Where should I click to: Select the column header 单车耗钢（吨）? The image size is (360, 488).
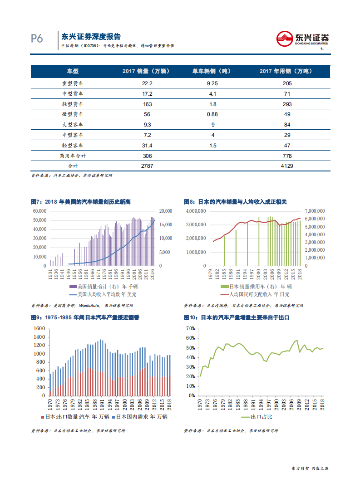[212, 71]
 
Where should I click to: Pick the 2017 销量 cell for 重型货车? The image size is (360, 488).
[147, 83]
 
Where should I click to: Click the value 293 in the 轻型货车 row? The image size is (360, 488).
[286, 104]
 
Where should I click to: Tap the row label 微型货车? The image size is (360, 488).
[73, 114]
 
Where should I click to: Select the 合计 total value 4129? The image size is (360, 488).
[286, 166]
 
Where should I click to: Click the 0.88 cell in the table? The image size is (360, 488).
[212, 114]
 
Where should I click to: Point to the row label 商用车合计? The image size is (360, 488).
[73, 156]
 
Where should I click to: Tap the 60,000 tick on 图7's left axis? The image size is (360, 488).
[39, 211]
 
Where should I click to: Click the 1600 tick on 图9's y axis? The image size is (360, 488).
[39, 328]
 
